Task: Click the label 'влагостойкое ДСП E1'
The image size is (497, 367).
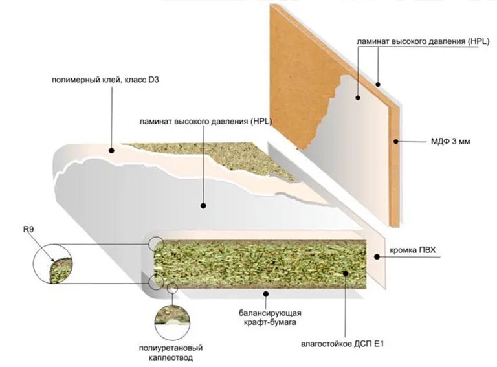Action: (340, 342)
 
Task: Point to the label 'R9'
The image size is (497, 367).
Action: (28, 228)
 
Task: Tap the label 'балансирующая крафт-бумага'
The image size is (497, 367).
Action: (269, 317)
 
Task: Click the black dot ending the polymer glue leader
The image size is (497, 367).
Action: (112, 150)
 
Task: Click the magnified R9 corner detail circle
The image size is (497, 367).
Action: (53, 264)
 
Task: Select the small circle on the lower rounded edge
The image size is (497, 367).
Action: (155, 282)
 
